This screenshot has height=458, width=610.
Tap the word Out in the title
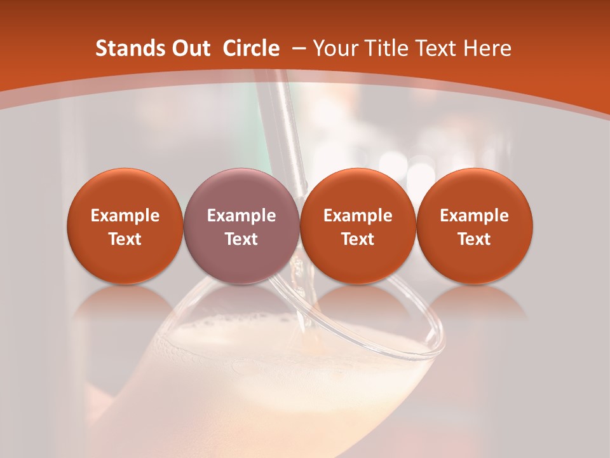tap(189, 48)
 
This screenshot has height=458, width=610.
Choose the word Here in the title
tap(488, 48)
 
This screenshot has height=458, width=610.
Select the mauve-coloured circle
tap(241, 226)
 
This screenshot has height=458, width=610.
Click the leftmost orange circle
tap(125, 226)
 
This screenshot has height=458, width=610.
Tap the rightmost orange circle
tap(475, 226)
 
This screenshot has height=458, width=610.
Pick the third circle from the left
tap(358, 226)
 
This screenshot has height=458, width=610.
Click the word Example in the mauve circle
tap(241, 216)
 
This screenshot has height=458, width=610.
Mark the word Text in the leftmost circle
tap(125, 239)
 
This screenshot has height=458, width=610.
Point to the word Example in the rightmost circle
tap(475, 216)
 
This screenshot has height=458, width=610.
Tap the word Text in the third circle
tap(358, 239)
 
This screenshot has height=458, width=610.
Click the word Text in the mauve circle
tap(241, 239)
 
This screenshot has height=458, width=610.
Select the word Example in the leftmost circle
tap(125, 216)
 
